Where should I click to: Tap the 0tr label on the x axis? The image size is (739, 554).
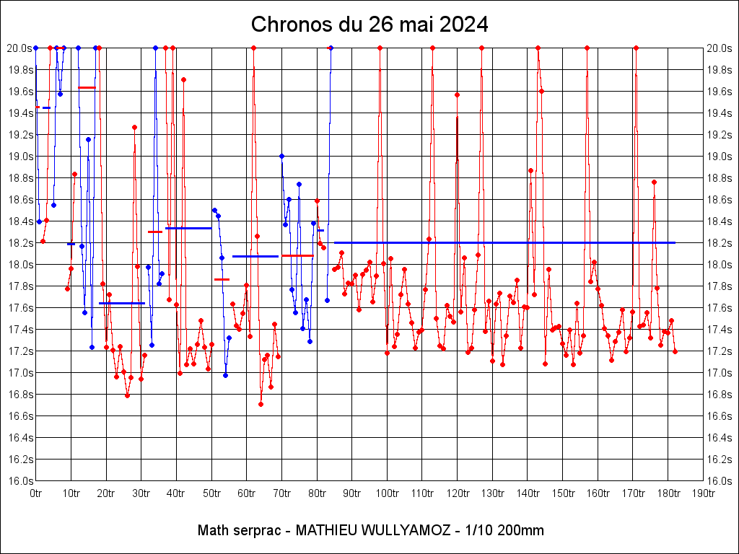(36, 493)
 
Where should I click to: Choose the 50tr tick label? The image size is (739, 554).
(211, 493)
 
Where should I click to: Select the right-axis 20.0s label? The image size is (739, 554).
(720, 48)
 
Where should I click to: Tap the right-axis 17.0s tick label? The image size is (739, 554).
(720, 373)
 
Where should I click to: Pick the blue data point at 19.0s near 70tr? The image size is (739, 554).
(281, 156)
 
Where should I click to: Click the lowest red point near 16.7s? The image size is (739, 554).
(261, 404)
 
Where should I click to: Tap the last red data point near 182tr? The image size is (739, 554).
(675, 351)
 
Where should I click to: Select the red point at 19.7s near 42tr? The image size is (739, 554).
(183, 79)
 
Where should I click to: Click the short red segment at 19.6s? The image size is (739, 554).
(87, 87)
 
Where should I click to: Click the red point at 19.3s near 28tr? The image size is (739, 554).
(134, 127)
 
